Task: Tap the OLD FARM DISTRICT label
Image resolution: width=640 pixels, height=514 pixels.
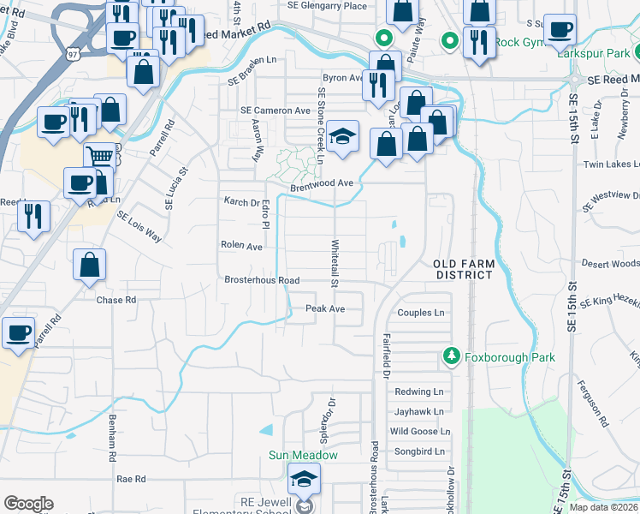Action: click(463, 268)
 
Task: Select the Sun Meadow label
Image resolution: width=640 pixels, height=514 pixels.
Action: click(304, 455)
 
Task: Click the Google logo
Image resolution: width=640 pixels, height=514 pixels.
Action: click(28, 503)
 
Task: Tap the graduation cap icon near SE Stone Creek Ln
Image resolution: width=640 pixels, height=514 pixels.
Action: click(342, 137)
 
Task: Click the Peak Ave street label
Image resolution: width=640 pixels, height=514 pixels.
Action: click(326, 308)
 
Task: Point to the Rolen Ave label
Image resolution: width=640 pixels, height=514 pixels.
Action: click(242, 246)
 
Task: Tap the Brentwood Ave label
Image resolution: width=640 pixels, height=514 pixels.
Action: click(322, 183)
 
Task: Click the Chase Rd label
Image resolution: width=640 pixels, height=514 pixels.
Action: click(116, 300)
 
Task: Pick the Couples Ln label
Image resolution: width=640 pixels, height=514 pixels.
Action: click(423, 313)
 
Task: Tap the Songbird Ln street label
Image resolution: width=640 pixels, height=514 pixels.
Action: click(419, 451)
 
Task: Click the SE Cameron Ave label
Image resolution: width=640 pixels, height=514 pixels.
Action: click(276, 111)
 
